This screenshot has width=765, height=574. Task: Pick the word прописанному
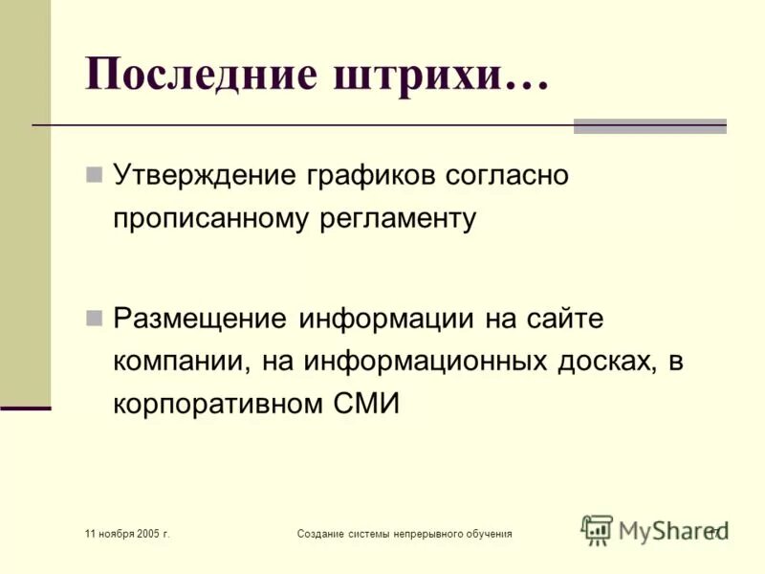coord(205,218)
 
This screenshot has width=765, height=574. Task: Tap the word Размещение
coord(200,317)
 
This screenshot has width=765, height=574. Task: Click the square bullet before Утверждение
coord(94,175)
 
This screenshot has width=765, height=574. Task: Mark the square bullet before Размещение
coord(94,317)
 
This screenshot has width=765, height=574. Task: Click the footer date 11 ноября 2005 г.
coord(126,532)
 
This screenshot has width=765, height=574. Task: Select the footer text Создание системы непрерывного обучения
coord(404,532)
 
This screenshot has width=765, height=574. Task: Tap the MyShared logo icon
coord(597,529)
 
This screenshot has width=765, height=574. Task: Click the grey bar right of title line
coord(649,125)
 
